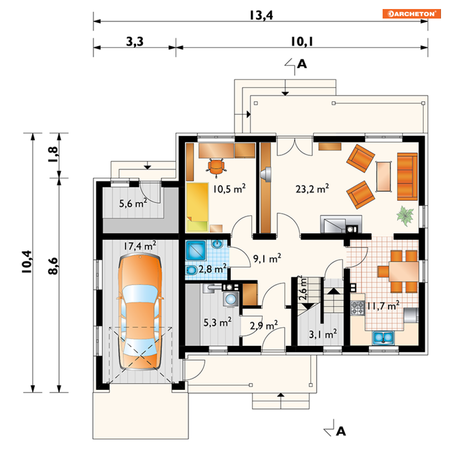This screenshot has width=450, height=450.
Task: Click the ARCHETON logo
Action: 411,14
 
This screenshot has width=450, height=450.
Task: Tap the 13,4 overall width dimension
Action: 261,15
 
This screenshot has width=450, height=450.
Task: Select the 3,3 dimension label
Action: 135,42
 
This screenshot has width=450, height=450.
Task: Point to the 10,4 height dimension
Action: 27,261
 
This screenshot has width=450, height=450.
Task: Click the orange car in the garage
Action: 140,312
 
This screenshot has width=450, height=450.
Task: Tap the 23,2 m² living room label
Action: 312,189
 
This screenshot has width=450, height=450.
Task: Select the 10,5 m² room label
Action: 229,189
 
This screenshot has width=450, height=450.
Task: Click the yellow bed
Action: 197,207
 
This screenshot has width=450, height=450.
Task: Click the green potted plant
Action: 405,215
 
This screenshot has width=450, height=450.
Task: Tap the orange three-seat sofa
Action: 407,176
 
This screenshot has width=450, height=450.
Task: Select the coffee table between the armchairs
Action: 384,176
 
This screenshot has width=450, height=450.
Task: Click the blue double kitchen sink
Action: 383,337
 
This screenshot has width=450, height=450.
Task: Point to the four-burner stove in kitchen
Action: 358,308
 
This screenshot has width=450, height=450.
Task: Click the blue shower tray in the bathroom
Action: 196,251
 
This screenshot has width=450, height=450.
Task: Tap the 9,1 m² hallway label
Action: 267,258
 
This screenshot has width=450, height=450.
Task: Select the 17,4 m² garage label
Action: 140,246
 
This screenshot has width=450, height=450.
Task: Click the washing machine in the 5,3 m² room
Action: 231,299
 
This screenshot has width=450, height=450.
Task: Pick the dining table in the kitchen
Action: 403,271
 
